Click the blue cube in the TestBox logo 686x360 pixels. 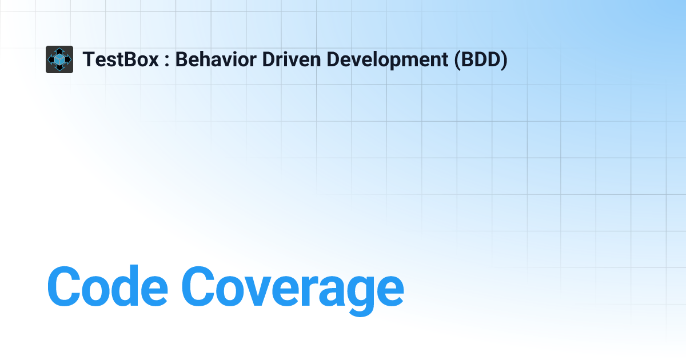(x=59, y=59)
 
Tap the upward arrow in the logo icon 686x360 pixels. (x=59, y=50)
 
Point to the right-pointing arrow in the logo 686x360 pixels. (x=69, y=59)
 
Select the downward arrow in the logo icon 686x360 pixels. (x=59, y=69)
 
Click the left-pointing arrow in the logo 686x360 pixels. (x=50, y=59)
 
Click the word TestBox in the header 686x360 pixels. (x=121, y=59)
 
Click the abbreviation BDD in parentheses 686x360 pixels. (x=480, y=59)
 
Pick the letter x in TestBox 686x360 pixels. (x=153, y=61)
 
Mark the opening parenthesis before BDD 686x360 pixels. (x=458, y=60)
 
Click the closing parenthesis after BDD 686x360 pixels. (x=504, y=60)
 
